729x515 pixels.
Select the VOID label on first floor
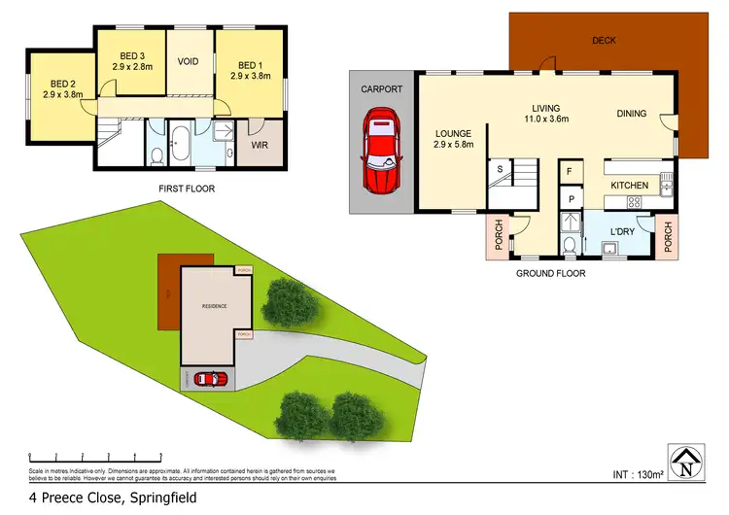coord(188,61)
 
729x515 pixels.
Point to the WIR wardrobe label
coord(260,145)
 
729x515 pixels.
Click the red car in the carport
coord(379,149)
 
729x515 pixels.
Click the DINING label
coord(632,114)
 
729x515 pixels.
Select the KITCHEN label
coord(629,184)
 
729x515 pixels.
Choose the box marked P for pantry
coord(569,198)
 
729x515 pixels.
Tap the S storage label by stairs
coord(500,169)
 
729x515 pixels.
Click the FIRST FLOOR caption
coord(186,189)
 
